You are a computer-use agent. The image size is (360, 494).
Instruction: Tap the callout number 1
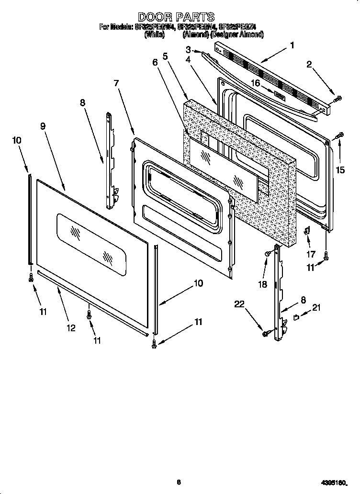click(292, 45)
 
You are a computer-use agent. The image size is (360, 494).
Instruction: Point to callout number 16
click(256, 83)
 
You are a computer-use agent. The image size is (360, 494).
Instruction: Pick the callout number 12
click(70, 328)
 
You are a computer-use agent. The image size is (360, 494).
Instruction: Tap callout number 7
click(116, 83)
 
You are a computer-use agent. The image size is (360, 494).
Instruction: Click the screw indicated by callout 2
click(337, 99)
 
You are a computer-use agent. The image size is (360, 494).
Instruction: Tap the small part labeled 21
click(296, 316)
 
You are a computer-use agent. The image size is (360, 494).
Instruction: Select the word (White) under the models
click(155, 35)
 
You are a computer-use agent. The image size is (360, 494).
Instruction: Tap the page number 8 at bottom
click(178, 482)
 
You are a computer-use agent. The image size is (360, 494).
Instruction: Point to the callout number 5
click(165, 56)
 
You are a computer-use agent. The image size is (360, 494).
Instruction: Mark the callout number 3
click(188, 49)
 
